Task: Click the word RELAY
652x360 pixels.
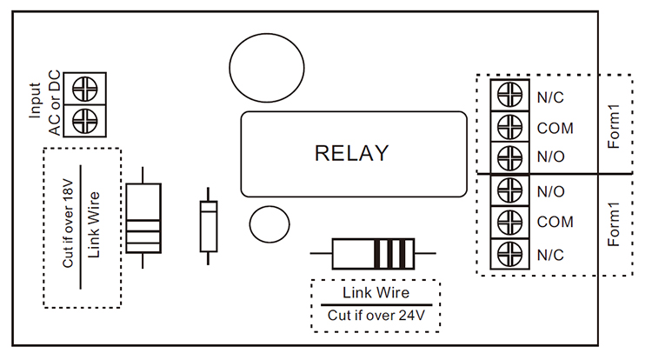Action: pos(351,154)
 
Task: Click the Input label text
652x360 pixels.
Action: pos(35,101)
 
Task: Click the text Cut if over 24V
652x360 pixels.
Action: pos(376,316)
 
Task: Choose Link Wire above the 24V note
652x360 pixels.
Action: pos(376,292)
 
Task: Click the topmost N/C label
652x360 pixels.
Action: pos(550,96)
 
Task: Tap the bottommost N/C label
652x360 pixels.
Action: pos(550,254)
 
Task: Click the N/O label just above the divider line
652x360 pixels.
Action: pos(550,159)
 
